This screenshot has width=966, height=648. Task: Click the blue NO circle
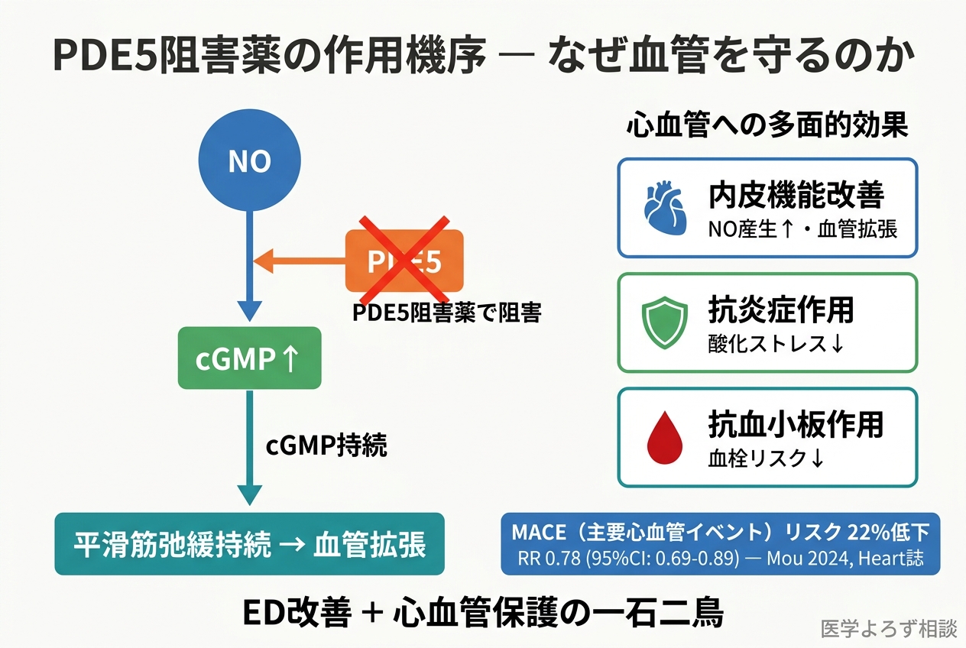point(250,161)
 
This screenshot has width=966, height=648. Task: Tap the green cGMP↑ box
point(249,358)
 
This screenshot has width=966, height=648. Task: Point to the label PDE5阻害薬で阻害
point(446,313)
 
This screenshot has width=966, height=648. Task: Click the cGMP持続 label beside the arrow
point(326,446)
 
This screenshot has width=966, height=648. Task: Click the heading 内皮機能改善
point(796,196)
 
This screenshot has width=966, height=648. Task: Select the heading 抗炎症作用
point(781,310)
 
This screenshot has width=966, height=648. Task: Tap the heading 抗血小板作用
point(796,424)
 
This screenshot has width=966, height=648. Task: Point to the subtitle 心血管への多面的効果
point(767,126)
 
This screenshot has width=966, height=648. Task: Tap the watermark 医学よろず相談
point(888,629)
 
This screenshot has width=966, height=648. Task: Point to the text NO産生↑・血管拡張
point(802,228)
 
